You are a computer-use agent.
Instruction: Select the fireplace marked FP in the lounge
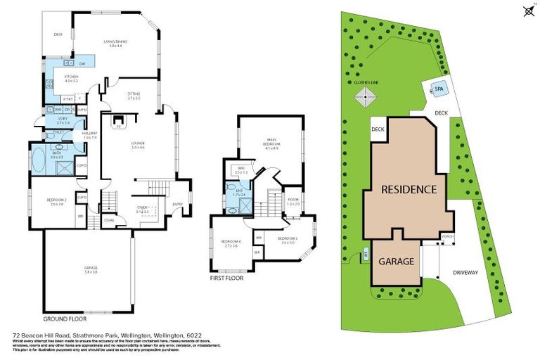118,127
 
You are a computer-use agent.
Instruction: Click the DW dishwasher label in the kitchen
82,64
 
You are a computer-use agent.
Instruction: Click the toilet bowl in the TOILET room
44,134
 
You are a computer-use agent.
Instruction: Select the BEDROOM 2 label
56,202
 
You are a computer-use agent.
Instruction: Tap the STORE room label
108,220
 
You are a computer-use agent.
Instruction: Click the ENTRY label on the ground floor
177,205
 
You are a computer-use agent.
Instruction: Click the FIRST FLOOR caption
228,278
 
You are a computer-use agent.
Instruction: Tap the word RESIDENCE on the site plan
410,189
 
